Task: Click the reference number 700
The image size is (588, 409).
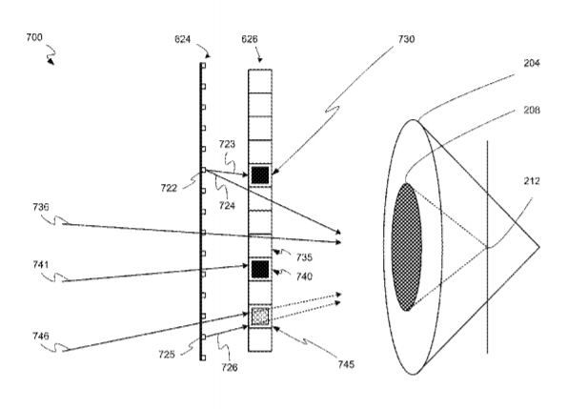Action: [34, 37]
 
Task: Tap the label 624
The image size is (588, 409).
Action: [183, 39]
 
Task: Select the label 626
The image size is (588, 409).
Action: [250, 39]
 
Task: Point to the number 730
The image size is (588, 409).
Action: [406, 39]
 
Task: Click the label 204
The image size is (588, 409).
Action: [532, 63]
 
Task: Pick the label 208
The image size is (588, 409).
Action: [532, 110]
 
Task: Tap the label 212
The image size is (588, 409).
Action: [532, 181]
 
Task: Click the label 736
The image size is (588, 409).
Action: [41, 207]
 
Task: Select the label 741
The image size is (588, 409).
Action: [41, 265]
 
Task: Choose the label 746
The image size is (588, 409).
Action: [41, 336]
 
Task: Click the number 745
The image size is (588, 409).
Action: [346, 364]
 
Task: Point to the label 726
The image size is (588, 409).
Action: [229, 367]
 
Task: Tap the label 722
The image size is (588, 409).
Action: [169, 188]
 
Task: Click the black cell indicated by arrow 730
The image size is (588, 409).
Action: [260, 174]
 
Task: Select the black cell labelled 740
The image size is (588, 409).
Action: [260, 269]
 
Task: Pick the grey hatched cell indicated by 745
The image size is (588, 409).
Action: [260, 317]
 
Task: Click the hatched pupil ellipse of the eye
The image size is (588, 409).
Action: [407, 247]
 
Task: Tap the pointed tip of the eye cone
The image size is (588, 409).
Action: [538, 247]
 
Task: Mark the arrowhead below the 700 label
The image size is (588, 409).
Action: [51, 62]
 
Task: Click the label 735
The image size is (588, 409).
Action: [304, 257]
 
